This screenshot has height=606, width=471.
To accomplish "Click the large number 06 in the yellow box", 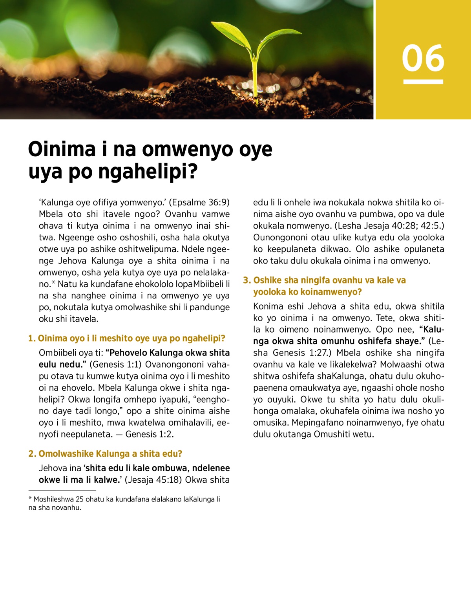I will click(423, 58).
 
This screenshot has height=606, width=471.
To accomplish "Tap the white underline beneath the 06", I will click(423, 82).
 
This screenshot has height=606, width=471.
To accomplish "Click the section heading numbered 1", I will click(126, 339).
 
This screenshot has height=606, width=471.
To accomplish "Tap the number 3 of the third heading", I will click(246, 280).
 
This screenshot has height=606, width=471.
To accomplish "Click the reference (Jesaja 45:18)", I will click(153, 480).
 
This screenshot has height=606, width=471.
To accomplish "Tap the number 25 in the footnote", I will click(80, 499).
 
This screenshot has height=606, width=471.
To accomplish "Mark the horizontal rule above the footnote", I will click(62, 490).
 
